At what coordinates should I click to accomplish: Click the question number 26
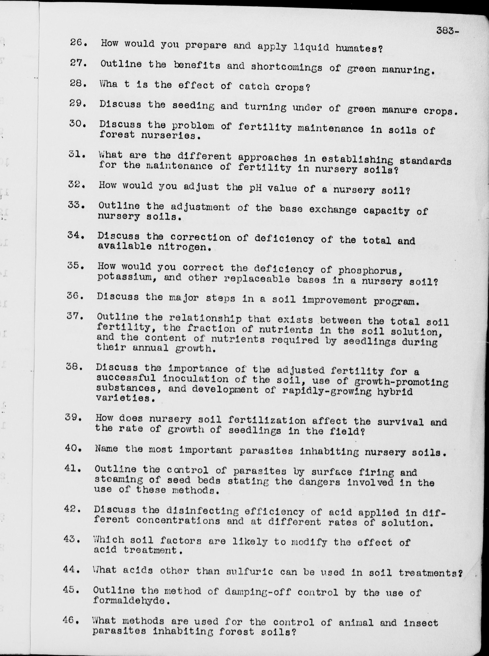coord(78,42)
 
